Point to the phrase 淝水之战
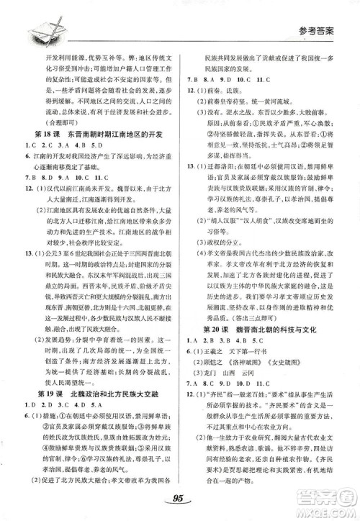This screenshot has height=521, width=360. pyautogui.click(x=241, y=130)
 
